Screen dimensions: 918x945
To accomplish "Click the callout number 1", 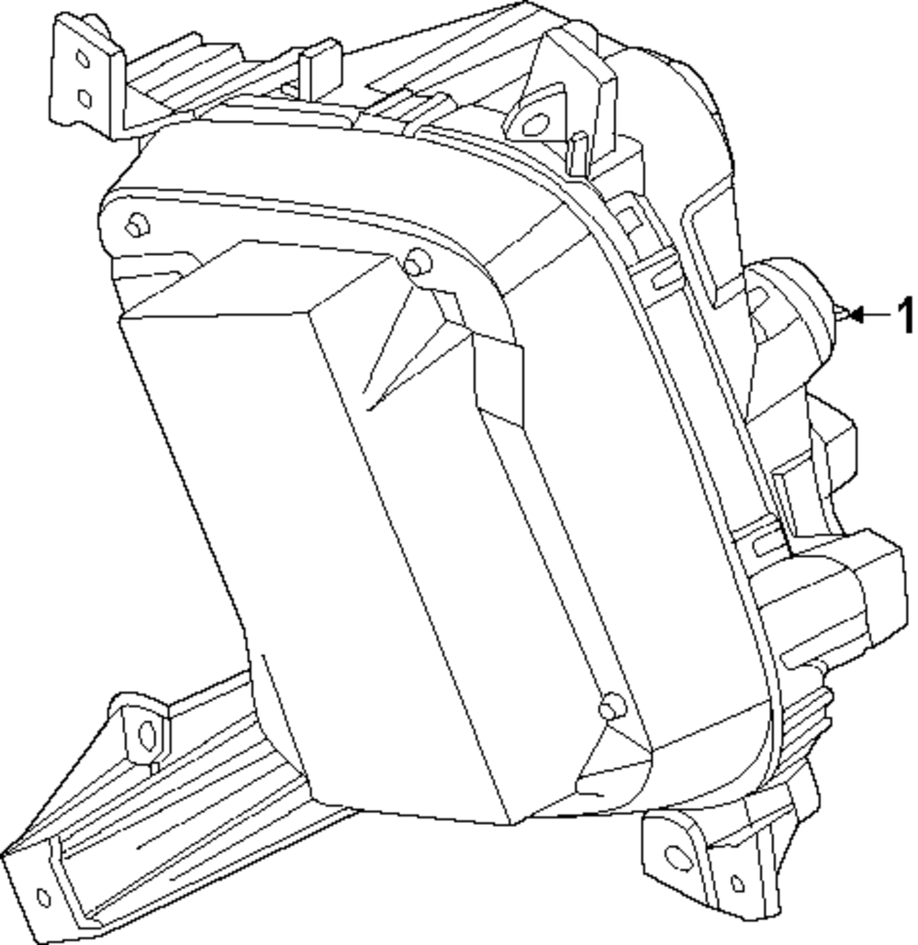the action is (x=905, y=316).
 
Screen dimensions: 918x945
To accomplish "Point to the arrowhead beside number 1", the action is (x=854, y=315).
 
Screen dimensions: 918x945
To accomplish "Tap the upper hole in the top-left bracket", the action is (x=82, y=60).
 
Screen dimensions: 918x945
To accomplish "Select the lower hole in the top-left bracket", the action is (x=84, y=96).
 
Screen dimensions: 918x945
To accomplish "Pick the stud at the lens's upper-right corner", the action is (x=419, y=263).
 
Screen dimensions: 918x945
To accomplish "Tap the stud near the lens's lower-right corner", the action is (x=610, y=706).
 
